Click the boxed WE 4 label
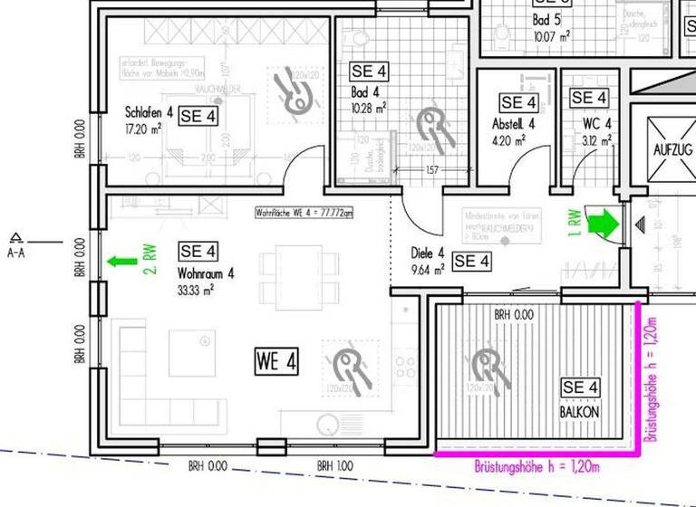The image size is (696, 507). tap(275, 362)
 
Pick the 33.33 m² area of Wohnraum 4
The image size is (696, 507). tap(196, 291)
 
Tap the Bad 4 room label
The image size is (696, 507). tap(364, 92)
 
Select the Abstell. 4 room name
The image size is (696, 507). tap(514, 124)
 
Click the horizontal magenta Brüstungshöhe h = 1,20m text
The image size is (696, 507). tap(537, 466)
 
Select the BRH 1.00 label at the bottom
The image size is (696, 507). tap(336, 466)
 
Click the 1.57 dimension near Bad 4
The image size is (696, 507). tap(431, 169)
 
